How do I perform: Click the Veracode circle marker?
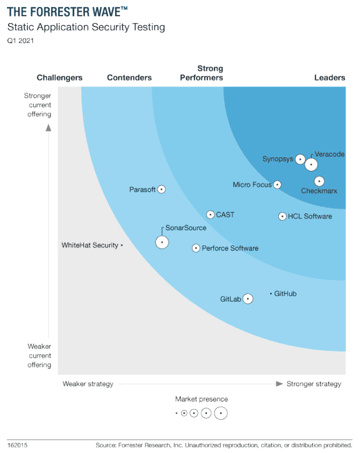pos(311,164)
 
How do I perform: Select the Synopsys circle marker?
pos(300,159)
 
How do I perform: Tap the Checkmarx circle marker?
pos(319,182)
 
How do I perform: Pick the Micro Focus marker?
pos(277,184)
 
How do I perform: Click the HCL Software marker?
pos(282,217)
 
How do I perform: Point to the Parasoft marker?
pos(161,189)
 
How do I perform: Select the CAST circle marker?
pos(211,214)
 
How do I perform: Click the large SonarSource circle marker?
pos(162,242)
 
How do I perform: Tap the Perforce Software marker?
pos(196,248)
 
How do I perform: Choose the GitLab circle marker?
pos(248,299)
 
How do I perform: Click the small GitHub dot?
pos(271,293)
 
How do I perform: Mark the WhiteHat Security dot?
pos(122,246)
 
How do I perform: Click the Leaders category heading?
pos(329,78)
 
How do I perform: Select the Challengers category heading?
pos(60,78)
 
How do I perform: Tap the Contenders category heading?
pos(129,78)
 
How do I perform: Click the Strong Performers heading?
pos(201,73)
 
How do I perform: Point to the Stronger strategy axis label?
pos(314,384)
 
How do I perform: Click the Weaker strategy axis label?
pos(88,384)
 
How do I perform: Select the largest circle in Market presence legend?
pos(221,413)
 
